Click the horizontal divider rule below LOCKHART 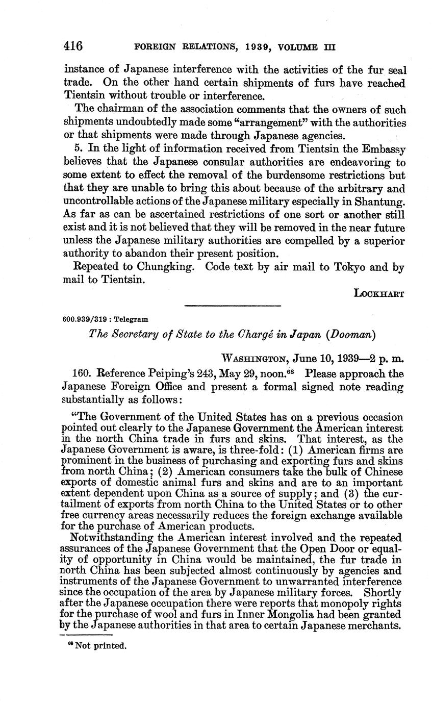tap(232, 306)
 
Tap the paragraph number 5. tap(78, 149)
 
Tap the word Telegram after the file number tap(132, 320)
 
